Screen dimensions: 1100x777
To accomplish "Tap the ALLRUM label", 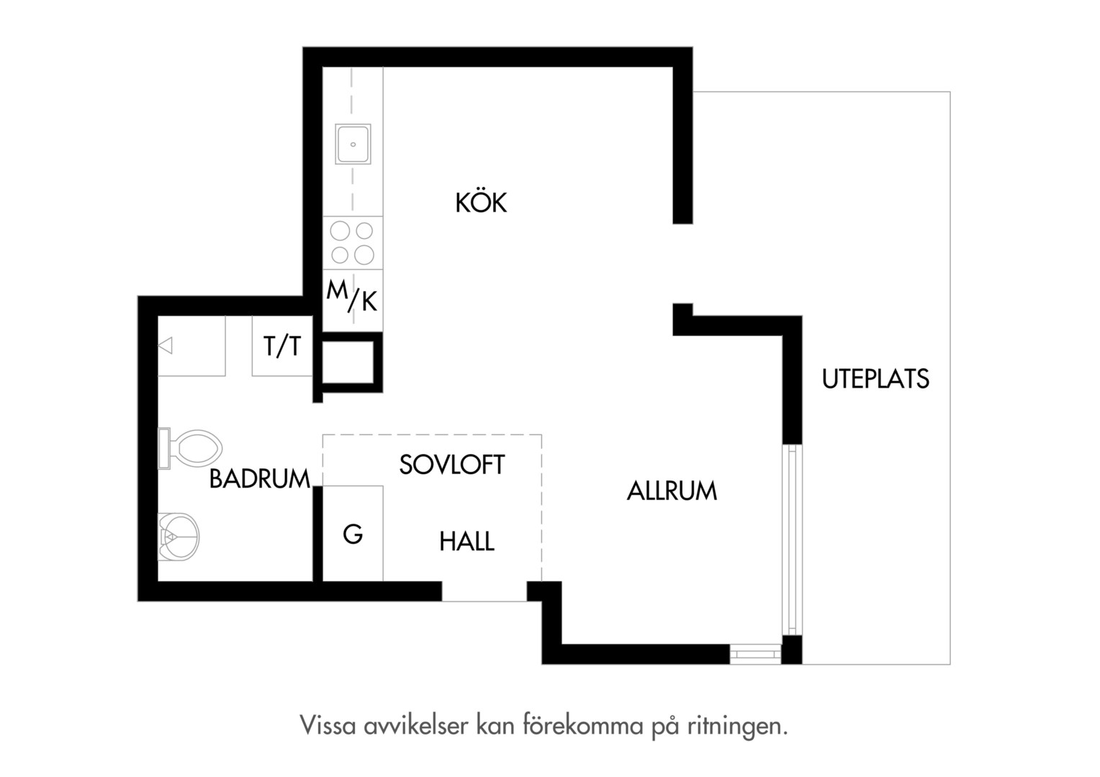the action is (672, 491).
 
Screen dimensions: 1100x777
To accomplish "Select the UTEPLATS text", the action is (875, 378).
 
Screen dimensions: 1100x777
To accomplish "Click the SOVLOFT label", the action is (452, 464).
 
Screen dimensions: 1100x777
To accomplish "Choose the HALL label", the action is (466, 542).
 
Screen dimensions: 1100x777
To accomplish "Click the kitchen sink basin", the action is (353, 144).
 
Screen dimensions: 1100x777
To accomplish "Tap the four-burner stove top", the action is (353, 243).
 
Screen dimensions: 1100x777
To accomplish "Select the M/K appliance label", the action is (351, 296).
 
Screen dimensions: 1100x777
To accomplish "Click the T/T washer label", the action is (282, 346).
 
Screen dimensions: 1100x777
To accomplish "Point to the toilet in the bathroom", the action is (190, 449).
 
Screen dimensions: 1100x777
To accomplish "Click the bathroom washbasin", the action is (179, 537).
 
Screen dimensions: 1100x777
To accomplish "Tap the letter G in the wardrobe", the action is (353, 534).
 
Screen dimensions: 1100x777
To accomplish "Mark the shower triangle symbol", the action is (165, 345).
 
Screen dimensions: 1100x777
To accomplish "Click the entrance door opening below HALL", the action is (484, 591).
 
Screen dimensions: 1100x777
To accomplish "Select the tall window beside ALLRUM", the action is (792, 540).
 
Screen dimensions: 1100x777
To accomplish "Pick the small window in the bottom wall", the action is (755, 655).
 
